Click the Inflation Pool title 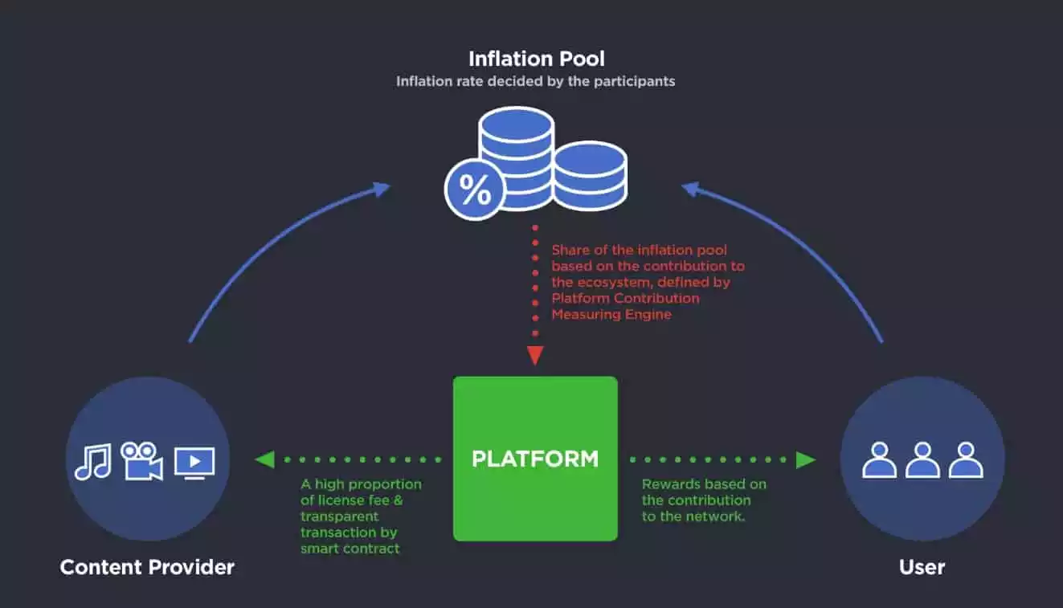pos(536,59)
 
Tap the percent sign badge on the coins pos(475,191)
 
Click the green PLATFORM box pos(535,459)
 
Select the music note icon pos(92,462)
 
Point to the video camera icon pos(141,460)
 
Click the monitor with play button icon pos(194,463)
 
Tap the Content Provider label pos(147,567)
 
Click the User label pos(922,567)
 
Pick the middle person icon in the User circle pos(922,460)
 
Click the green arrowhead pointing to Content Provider pos(264,459)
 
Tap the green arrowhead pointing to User pos(806,459)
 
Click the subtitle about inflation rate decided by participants pos(535,81)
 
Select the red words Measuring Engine pos(611,314)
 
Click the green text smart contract pos(350,549)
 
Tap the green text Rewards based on pos(704,484)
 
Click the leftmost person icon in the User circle pos(879,460)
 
